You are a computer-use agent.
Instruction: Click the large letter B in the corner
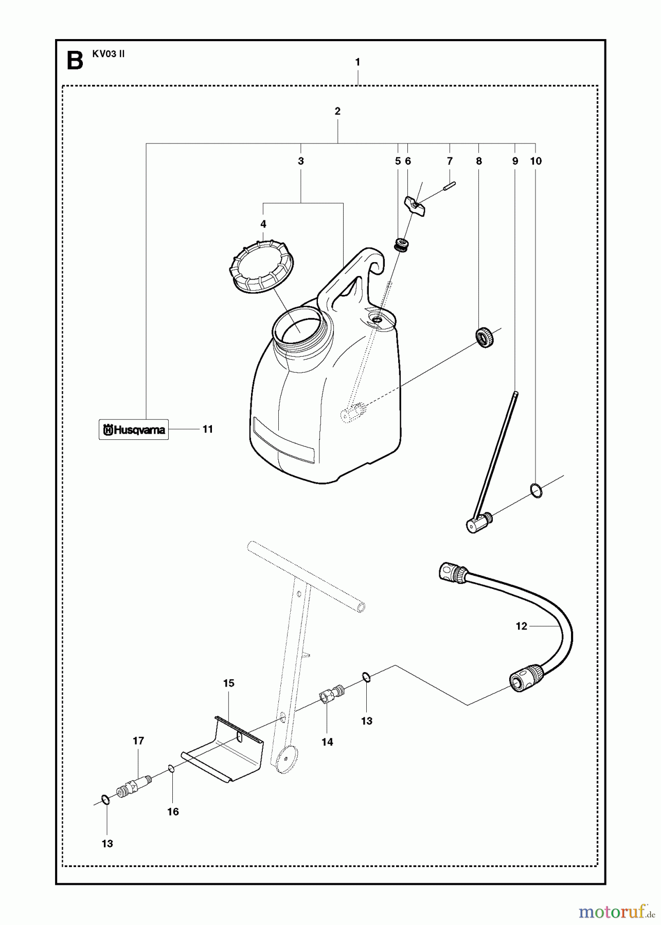75,61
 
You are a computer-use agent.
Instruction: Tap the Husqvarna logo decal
134,430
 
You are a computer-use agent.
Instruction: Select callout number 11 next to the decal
207,429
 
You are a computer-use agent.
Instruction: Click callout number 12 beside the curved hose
521,626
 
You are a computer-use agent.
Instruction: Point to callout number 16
173,812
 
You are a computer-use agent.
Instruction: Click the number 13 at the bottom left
107,844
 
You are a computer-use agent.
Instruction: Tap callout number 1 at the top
358,62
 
